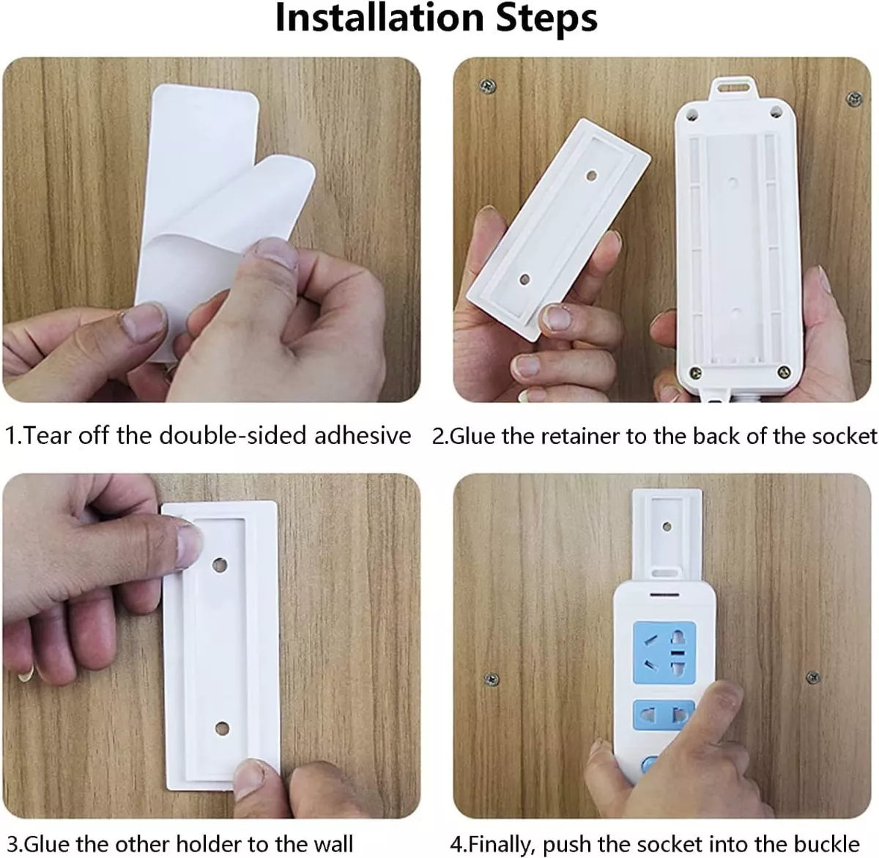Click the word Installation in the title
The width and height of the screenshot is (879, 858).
379,19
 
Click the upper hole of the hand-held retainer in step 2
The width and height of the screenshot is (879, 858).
591,175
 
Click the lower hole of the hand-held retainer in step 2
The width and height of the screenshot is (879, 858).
524,280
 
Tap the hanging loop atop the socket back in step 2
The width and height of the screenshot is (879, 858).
732,86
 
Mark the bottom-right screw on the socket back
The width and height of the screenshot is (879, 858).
784,371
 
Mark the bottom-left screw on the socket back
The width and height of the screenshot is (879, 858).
696,372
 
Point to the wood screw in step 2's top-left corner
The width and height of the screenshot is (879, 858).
488,86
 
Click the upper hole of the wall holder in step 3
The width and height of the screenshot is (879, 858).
220,565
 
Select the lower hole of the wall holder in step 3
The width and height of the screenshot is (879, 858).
222,728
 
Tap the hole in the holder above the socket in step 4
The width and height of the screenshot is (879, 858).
667,526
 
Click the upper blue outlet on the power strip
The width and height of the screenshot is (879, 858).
664,652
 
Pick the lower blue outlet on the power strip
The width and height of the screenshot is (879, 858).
663,715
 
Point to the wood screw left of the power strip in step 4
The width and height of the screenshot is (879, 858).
492,678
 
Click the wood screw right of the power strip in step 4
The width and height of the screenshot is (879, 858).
812,677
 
